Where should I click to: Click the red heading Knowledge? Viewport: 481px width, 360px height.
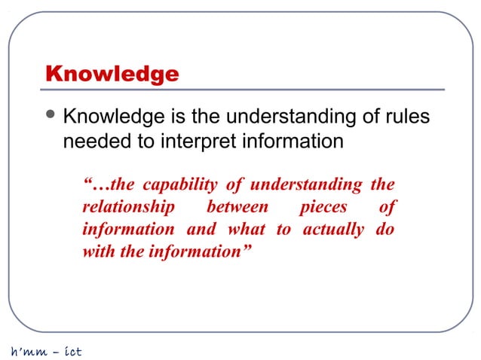pyautogui.click(x=112, y=75)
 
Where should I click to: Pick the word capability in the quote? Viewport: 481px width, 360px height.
pyautogui.click(x=178, y=185)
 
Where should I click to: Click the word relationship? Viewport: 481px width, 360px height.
pyautogui.click(x=129, y=206)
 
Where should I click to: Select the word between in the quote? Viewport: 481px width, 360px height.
pyautogui.click(x=237, y=206)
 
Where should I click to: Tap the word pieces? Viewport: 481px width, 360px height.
pyautogui.click(x=324, y=206)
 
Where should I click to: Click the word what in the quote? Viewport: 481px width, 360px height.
pyautogui.click(x=246, y=229)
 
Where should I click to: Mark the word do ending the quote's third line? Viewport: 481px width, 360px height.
pyautogui.click(x=384, y=229)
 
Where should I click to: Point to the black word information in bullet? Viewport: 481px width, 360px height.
pyautogui.click(x=290, y=141)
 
